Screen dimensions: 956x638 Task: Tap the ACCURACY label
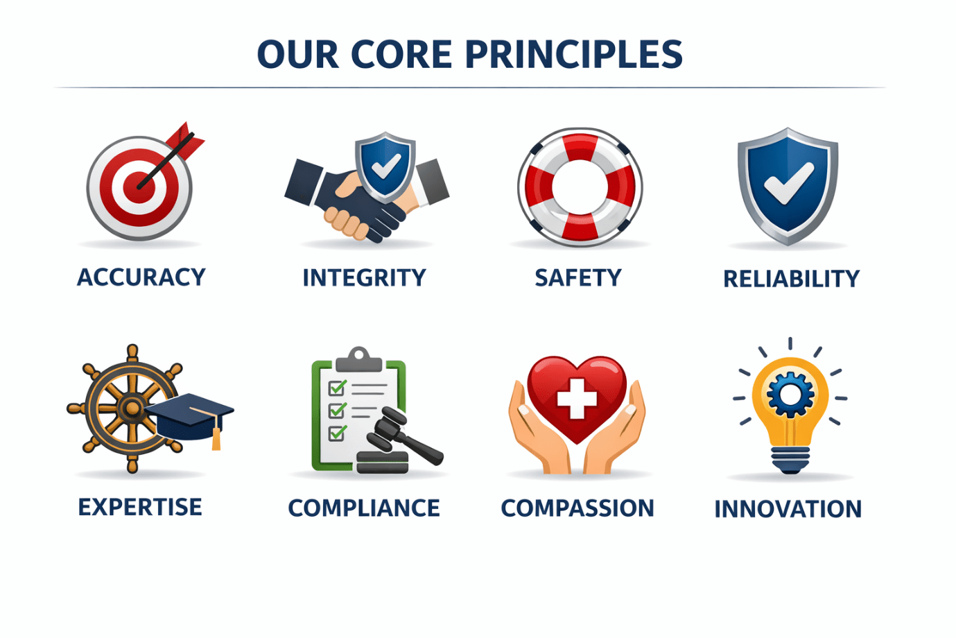(141, 277)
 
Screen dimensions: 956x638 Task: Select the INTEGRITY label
(364, 278)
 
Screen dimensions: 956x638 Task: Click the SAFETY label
(578, 278)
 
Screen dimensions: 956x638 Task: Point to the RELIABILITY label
(791, 279)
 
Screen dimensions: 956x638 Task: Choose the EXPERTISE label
(140, 507)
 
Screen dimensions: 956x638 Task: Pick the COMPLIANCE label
(364, 508)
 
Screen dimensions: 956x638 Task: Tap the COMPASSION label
(577, 508)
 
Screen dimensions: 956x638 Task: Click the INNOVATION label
(788, 509)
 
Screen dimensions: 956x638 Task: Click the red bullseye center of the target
(139, 187)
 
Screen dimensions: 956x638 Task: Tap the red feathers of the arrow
(185, 139)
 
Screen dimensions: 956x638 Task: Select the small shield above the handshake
(385, 167)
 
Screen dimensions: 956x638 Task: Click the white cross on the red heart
(577, 399)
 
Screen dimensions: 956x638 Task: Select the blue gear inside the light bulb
(790, 394)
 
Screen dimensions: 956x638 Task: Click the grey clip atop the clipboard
(358, 359)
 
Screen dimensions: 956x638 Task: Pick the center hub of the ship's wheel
(132, 408)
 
